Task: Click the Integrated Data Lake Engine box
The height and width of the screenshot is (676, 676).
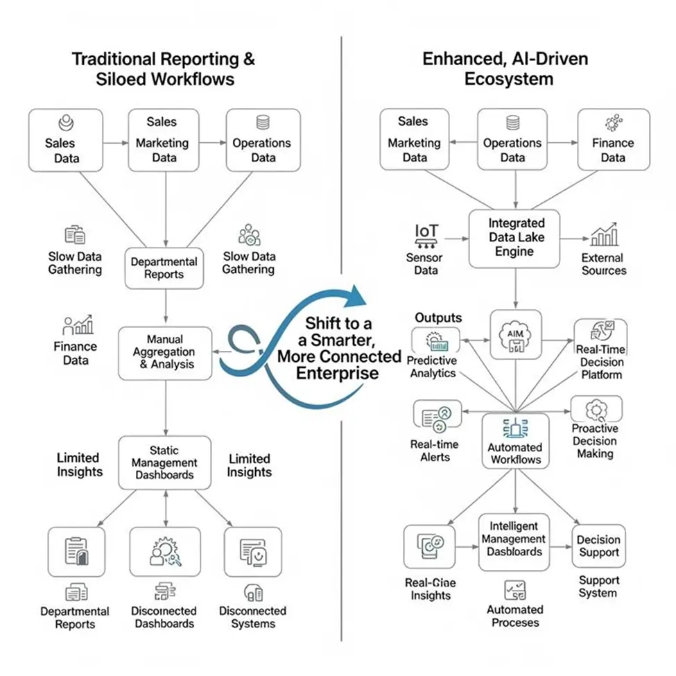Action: pyautogui.click(x=515, y=238)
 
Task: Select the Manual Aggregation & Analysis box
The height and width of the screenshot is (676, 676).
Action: pyautogui.click(x=166, y=352)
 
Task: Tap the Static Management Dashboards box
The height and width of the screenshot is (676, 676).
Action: pyautogui.click(x=166, y=463)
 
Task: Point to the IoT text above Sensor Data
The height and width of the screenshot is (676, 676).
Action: pyautogui.click(x=426, y=231)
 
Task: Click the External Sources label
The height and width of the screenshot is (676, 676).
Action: pyautogui.click(x=603, y=264)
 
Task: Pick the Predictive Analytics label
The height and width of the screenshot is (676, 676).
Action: pyautogui.click(x=431, y=367)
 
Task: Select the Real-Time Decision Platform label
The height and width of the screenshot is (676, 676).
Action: pyautogui.click(x=600, y=363)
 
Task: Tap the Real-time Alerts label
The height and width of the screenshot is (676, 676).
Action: pyautogui.click(x=435, y=451)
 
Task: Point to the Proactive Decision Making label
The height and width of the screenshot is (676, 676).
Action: pyautogui.click(x=595, y=441)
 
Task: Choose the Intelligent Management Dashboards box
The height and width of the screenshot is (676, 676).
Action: pyautogui.click(x=514, y=539)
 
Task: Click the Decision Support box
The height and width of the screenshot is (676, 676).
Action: pyautogui.click(x=598, y=546)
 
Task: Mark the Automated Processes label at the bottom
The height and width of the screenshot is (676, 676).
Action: pyautogui.click(x=514, y=616)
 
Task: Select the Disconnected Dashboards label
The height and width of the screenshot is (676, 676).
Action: pyautogui.click(x=164, y=617)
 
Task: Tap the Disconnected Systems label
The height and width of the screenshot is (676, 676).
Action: pyautogui.click(x=252, y=617)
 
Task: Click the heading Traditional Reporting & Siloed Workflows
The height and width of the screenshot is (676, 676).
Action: pyautogui.click(x=164, y=69)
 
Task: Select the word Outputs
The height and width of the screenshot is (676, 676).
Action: pyautogui.click(x=438, y=318)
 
